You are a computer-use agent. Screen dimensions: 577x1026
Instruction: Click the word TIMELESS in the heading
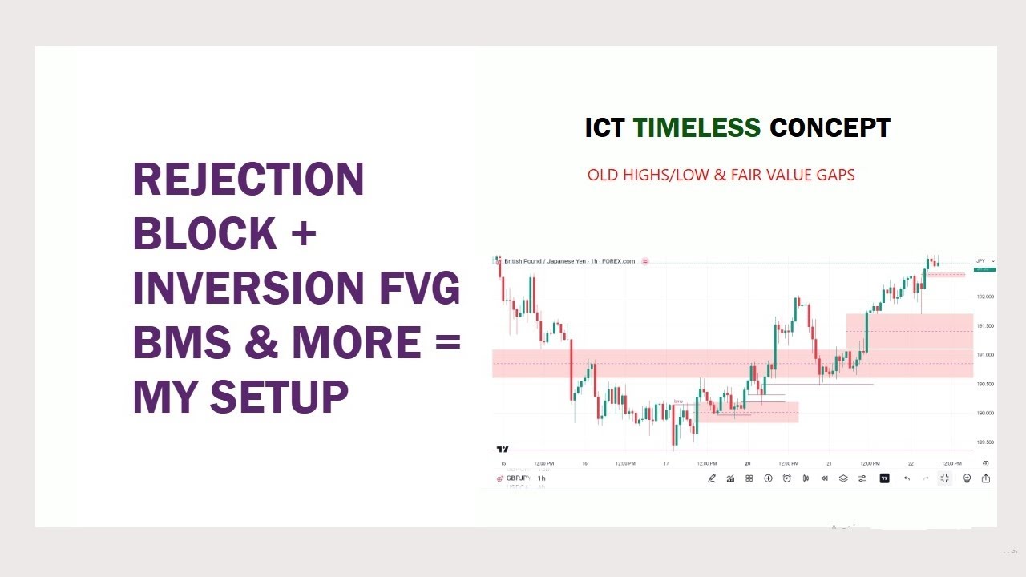point(697,128)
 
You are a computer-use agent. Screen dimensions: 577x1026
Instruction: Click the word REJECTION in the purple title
point(248,180)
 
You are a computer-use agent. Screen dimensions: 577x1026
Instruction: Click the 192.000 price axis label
point(985,297)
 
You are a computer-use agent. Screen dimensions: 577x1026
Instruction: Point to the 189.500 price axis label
point(985,442)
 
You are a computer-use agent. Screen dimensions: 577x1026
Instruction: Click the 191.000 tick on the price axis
point(985,355)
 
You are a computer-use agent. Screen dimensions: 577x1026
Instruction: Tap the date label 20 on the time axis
point(747,463)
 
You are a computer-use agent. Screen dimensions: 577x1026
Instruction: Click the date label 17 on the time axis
point(666,463)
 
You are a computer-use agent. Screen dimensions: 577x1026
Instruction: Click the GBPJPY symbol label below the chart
point(518,478)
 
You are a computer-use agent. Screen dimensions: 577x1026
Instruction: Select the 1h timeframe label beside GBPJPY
point(541,478)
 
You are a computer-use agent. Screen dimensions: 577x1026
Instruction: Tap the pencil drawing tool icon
point(712,478)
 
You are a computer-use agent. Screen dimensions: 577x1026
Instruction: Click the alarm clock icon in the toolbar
point(786,478)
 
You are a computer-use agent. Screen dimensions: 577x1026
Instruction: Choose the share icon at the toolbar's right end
point(985,478)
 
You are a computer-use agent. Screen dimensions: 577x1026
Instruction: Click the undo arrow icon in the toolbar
point(907,478)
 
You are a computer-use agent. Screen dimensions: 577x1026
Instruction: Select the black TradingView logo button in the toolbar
point(884,478)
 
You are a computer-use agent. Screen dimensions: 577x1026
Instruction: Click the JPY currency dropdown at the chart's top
point(984,261)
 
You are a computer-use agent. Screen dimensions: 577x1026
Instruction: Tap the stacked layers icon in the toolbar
point(843,478)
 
